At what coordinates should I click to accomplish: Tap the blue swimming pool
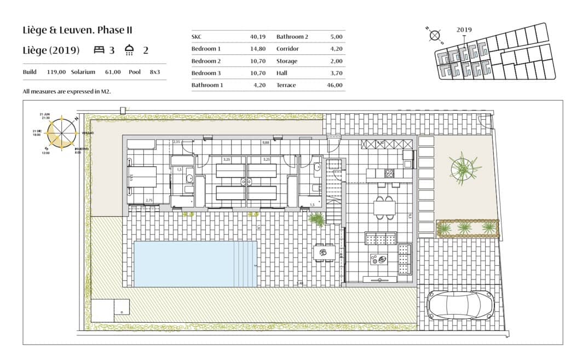point(195,264)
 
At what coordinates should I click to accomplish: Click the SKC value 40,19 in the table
point(257,37)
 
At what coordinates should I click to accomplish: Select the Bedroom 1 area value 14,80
point(257,49)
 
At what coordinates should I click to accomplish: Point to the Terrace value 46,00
point(334,85)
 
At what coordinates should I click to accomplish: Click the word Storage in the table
point(287,61)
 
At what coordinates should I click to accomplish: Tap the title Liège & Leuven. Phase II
point(77,30)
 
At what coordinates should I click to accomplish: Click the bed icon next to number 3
point(99,50)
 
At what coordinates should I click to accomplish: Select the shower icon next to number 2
point(130,50)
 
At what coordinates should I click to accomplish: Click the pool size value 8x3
point(155,72)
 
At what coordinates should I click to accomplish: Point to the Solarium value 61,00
point(113,72)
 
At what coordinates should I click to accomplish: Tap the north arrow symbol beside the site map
point(435,36)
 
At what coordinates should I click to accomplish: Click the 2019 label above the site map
point(464,31)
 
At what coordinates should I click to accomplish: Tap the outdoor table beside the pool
point(323,253)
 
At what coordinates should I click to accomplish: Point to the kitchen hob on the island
point(389,173)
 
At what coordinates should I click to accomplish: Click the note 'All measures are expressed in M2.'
point(67,91)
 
